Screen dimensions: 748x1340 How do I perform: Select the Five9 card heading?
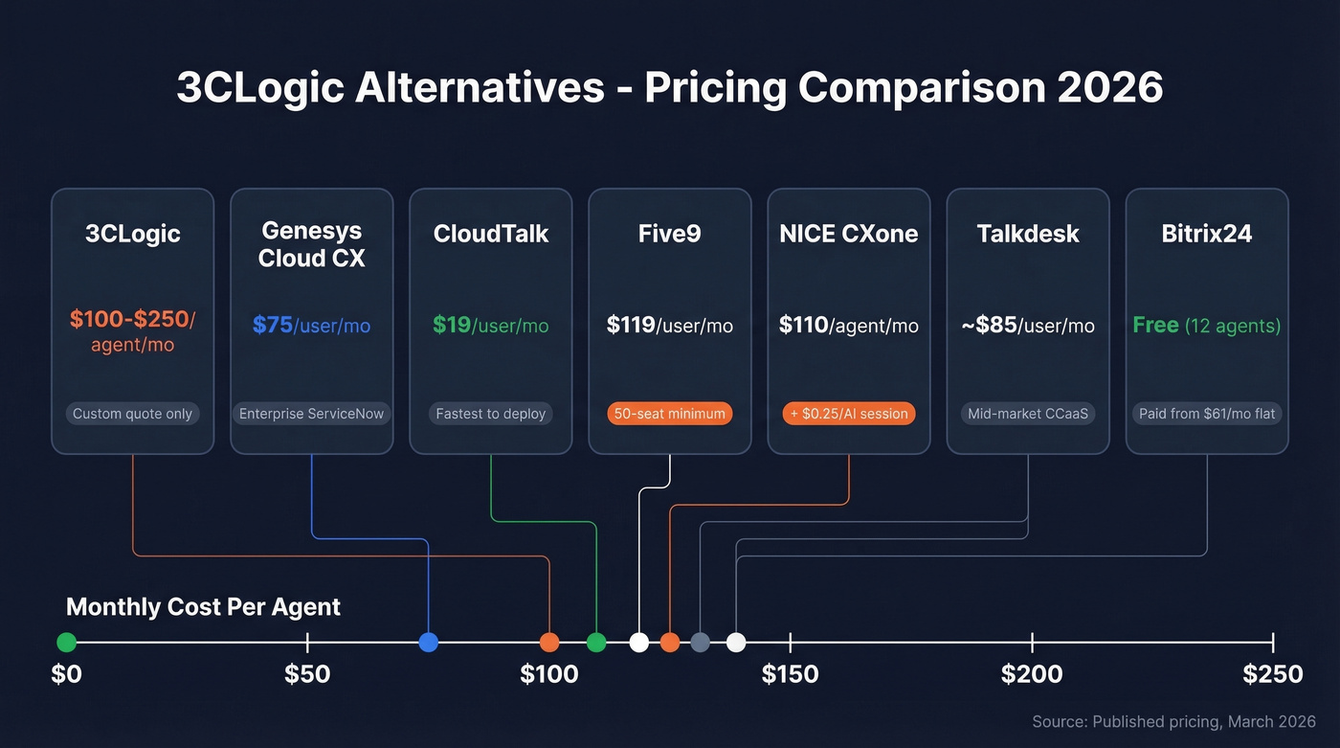click(669, 234)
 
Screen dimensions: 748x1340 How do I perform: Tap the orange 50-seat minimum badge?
click(669, 414)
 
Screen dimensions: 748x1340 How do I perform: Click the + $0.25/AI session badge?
click(849, 414)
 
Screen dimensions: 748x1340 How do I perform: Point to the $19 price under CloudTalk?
click(452, 326)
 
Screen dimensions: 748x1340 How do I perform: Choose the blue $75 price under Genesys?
click(273, 326)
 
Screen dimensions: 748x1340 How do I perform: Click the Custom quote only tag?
click(132, 414)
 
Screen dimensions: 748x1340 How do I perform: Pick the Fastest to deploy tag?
click(490, 414)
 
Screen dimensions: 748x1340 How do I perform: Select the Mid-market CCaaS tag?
click(1028, 414)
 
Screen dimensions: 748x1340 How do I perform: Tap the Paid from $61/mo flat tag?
click(1207, 414)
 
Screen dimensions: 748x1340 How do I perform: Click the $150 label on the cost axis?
click(790, 674)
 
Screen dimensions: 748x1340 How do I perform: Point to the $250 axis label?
click(1272, 674)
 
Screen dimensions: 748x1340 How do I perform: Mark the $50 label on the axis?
click(307, 674)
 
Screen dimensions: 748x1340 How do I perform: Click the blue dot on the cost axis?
click(429, 642)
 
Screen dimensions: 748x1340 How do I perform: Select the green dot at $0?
click(66, 642)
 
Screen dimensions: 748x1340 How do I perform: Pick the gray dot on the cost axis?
click(701, 642)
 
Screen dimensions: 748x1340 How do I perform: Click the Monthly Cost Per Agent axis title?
click(203, 607)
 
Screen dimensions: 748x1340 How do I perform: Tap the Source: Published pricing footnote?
click(1173, 721)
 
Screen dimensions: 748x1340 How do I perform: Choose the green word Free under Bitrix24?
click(1155, 326)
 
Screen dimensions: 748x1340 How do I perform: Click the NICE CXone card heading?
click(848, 234)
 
